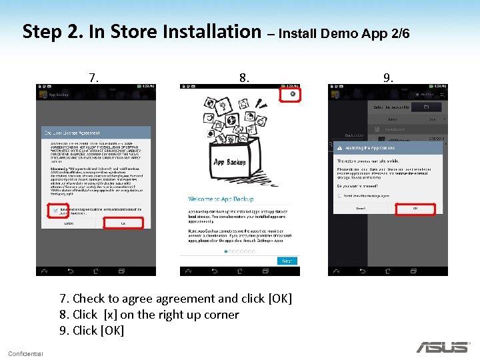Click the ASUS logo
point(442,347)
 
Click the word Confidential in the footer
point(25,353)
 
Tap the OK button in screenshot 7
point(123,224)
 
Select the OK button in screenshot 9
point(415,209)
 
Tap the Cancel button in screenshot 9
point(361,209)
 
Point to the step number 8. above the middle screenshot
point(245,78)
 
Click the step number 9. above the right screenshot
point(388,78)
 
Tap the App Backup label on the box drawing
point(229,162)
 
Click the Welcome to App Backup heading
point(219,199)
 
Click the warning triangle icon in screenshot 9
point(339,148)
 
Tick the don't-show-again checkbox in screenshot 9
point(339,196)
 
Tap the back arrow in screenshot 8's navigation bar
point(214,271)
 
